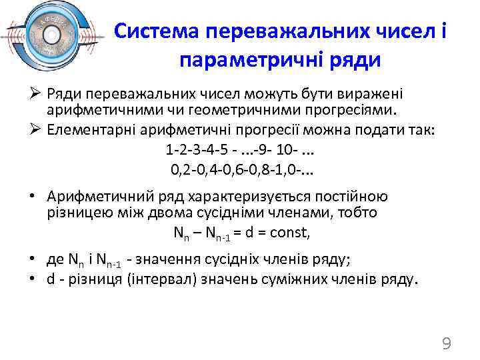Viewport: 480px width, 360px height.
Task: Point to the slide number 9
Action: [447, 343]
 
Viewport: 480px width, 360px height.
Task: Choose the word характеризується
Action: [233, 197]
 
